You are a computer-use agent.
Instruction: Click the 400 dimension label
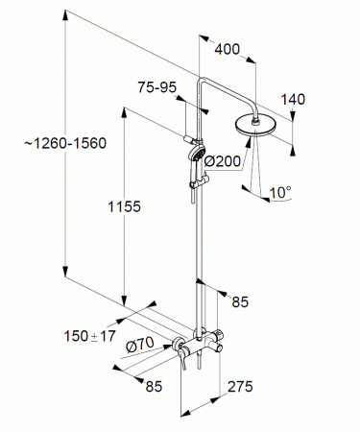[x=227, y=49]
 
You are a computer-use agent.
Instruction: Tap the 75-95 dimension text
[x=157, y=87]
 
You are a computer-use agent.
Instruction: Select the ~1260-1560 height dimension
[x=65, y=143]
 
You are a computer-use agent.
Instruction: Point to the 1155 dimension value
[x=124, y=206]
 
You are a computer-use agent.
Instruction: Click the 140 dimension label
[x=293, y=99]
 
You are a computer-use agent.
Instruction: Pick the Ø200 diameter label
[x=223, y=161]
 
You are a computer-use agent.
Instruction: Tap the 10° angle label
[x=280, y=192]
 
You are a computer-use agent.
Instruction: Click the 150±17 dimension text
[x=90, y=336]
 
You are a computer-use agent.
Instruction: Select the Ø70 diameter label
[x=140, y=345]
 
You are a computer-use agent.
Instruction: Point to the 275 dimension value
[x=240, y=387]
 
